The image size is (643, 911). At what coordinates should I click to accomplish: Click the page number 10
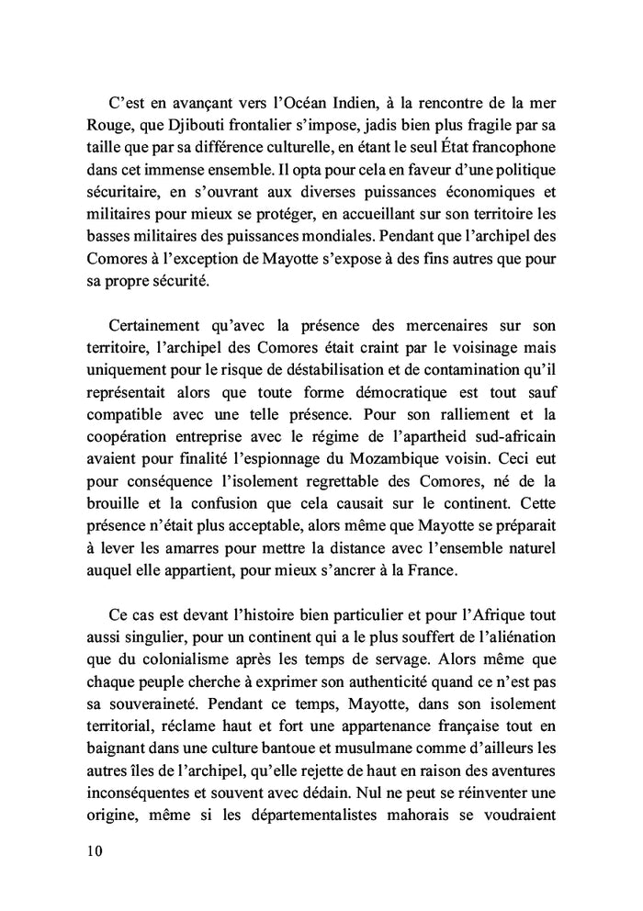coord(90,849)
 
